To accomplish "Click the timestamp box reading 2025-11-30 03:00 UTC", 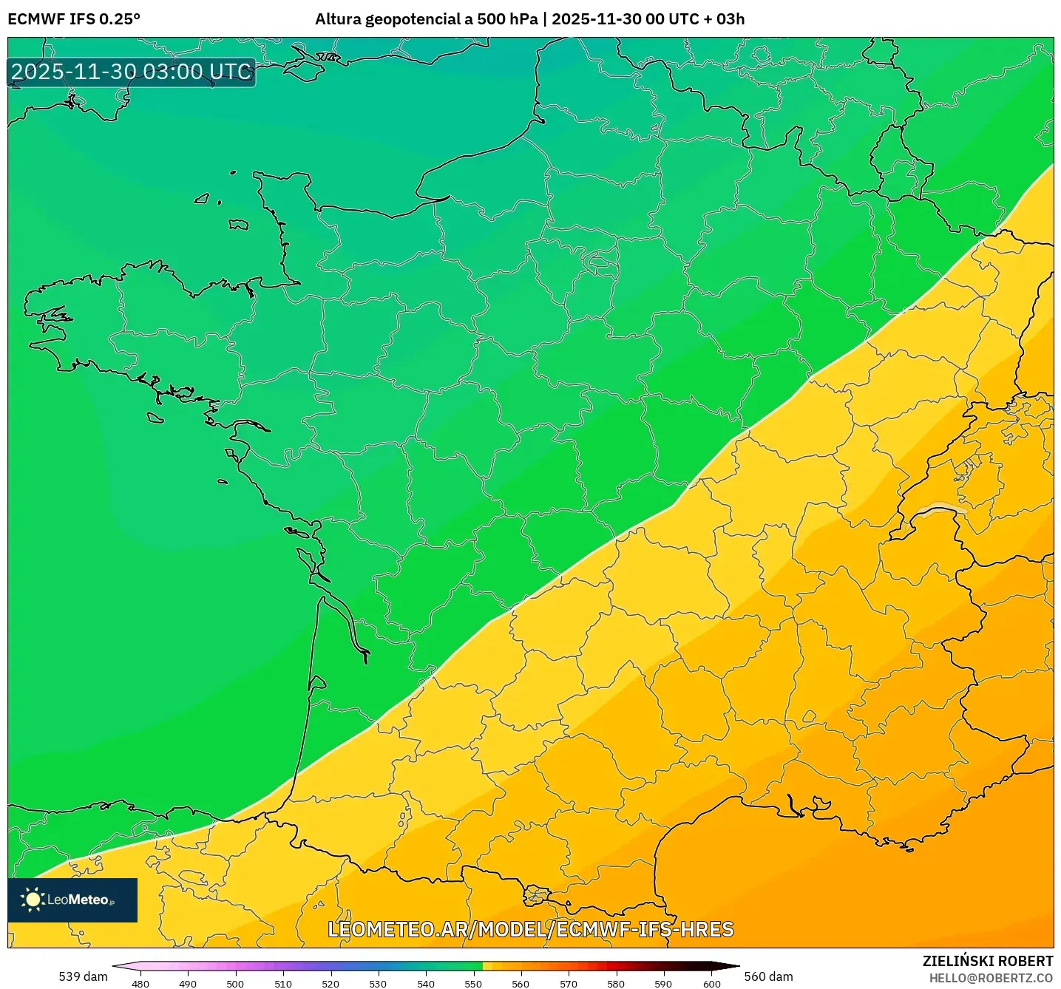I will pyautogui.click(x=132, y=72).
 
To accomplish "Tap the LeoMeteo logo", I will pyautogui.click(x=72, y=900).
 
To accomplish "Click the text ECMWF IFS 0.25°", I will pyautogui.click(x=74, y=19).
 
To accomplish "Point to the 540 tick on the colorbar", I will pyautogui.click(x=426, y=983).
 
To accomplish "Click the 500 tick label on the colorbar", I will pyautogui.click(x=235, y=983).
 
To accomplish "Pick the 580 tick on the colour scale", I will pyautogui.click(x=616, y=983).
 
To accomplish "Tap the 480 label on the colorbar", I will pyautogui.click(x=140, y=983).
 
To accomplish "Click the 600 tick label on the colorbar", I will pyautogui.click(x=711, y=983).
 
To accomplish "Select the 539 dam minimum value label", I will pyautogui.click(x=83, y=976).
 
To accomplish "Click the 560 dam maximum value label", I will pyautogui.click(x=768, y=976).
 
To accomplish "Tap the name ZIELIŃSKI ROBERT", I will pyautogui.click(x=988, y=961).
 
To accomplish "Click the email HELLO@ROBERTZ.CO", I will pyautogui.click(x=991, y=978).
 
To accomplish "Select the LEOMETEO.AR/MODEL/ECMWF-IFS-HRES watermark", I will pyautogui.click(x=530, y=929).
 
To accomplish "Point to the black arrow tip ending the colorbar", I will pyautogui.click(x=729, y=965).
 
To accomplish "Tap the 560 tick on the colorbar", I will pyautogui.click(x=521, y=983).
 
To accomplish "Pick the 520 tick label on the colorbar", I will pyautogui.click(x=330, y=983).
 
